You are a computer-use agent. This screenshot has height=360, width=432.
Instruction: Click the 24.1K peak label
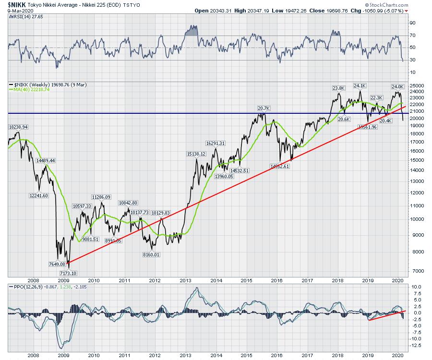(x=360, y=86)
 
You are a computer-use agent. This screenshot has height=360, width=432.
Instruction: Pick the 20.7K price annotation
(x=261, y=109)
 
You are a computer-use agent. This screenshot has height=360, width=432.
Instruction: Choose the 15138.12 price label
(x=196, y=154)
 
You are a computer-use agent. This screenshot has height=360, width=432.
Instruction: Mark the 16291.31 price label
(x=215, y=143)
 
